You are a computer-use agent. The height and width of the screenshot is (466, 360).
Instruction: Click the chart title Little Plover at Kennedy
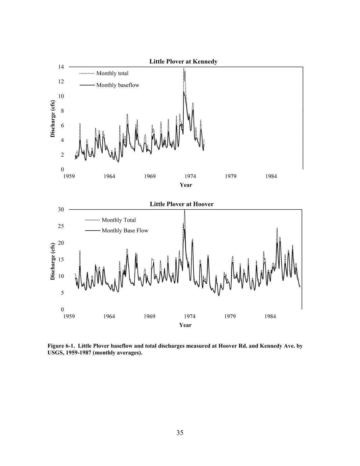[183, 61]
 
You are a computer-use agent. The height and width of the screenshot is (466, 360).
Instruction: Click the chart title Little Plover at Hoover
[182, 204]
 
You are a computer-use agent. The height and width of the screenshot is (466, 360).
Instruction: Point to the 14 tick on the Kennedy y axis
[61, 67]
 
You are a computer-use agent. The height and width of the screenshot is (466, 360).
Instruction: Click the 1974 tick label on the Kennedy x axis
[190, 176]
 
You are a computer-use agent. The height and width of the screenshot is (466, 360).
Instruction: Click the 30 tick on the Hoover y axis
[61, 209]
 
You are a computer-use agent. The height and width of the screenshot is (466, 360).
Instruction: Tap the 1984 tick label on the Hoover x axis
[270, 316]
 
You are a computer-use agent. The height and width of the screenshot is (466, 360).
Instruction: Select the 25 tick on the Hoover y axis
[61, 226]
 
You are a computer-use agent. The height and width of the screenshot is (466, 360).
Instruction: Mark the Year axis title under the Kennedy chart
[186, 185]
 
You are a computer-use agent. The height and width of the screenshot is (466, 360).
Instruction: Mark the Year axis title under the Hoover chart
[185, 325]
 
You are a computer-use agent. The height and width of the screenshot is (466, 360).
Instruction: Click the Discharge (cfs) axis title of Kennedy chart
[53, 119]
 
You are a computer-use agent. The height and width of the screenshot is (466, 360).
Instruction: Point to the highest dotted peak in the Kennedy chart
[184, 69]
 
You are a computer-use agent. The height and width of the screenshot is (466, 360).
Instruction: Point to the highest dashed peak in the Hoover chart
[184, 210]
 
